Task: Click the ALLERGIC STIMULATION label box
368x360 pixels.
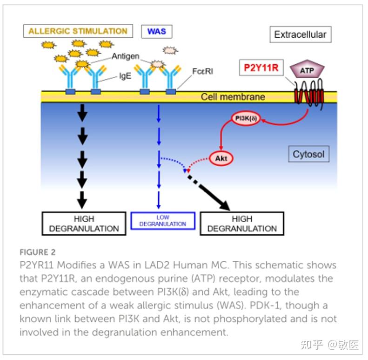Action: [x=78, y=32]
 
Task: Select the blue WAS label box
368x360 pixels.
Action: [x=156, y=32]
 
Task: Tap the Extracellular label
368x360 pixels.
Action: [x=300, y=34]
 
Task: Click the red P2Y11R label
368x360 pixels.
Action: [x=261, y=68]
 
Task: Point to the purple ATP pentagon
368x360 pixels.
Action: [x=306, y=70]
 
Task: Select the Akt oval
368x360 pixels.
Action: [x=221, y=158]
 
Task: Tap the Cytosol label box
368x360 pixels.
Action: [x=308, y=154]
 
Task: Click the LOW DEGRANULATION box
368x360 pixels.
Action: [x=162, y=221]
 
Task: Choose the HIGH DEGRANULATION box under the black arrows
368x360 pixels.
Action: [x=84, y=224]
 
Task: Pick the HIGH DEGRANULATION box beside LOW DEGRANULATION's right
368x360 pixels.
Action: [x=241, y=224]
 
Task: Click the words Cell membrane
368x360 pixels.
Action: [x=233, y=97]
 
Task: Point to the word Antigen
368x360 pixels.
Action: [x=125, y=56]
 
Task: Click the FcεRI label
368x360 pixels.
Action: [x=202, y=72]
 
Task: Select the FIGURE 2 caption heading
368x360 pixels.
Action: [x=37, y=252]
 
